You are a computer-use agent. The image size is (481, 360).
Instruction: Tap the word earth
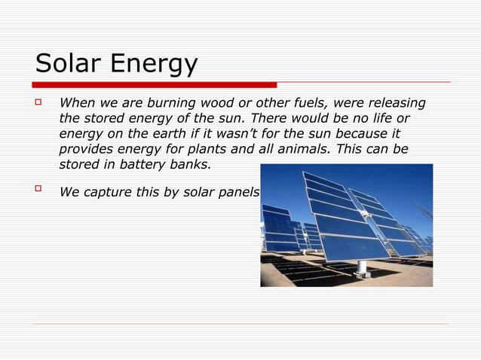177,134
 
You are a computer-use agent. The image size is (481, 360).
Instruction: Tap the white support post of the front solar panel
363,265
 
